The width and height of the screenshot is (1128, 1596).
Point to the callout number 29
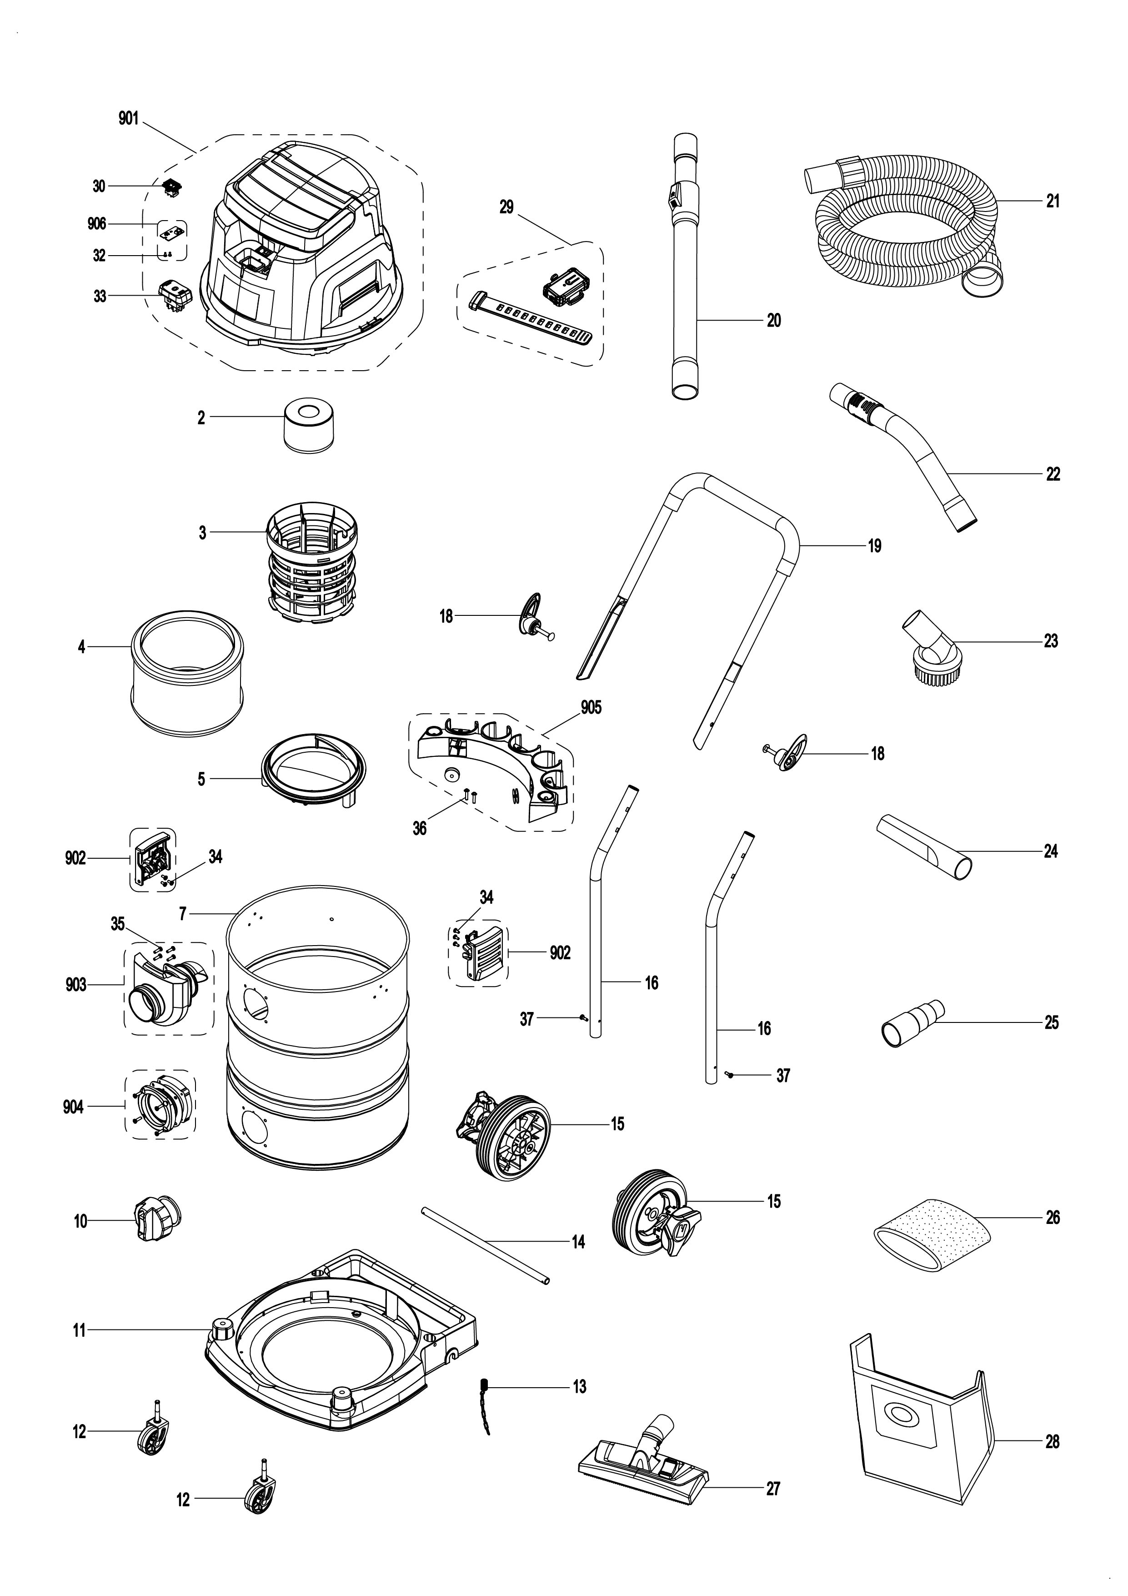coord(506,206)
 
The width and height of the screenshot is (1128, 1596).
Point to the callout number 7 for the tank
coord(183,913)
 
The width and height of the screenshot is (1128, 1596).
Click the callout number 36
coord(420,829)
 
